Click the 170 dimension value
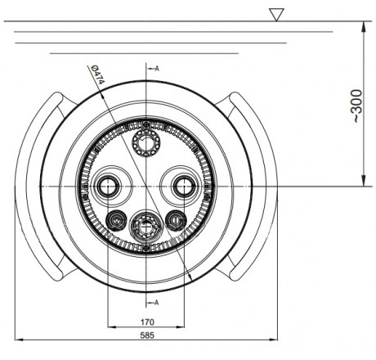(147, 322)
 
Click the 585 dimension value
(147, 335)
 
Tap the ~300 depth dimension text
(357, 106)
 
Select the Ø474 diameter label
(96, 74)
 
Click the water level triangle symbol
(276, 15)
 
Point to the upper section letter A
(157, 69)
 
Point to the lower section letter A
(157, 303)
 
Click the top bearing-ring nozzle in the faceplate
(146, 142)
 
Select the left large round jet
(108, 187)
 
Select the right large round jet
(184, 187)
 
